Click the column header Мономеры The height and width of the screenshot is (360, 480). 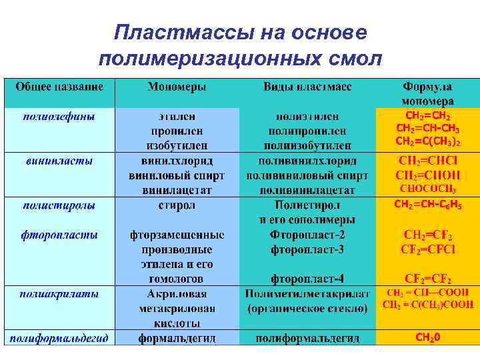[177, 87]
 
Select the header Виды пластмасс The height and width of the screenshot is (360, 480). [307, 87]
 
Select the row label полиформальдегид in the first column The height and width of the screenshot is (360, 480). [59, 338]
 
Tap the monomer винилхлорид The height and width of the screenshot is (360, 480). [177, 161]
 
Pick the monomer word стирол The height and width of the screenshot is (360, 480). [177, 205]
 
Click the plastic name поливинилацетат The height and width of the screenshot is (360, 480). [307, 190]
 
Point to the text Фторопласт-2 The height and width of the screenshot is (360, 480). [307, 235]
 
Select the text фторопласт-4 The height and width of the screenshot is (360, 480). [307, 279]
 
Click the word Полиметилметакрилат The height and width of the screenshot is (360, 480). [307, 293]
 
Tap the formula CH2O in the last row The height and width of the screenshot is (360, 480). [427, 338]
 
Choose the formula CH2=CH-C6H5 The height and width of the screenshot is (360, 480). [427, 205]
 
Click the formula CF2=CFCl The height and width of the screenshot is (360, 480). [427, 249]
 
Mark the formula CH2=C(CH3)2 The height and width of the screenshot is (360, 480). [427, 141]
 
